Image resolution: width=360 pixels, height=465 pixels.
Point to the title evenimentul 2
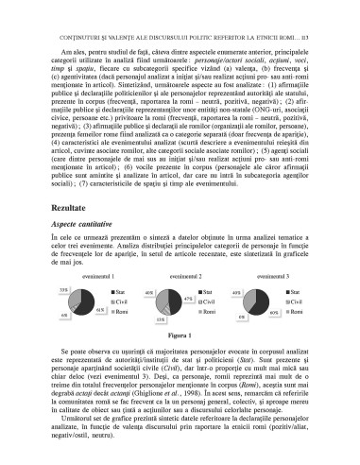point(181,275)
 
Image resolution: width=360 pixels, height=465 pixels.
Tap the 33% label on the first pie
point(63,288)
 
